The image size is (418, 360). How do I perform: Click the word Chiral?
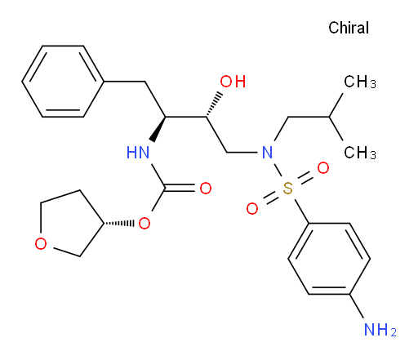tap(349, 28)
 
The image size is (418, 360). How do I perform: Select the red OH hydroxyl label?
tap(233, 82)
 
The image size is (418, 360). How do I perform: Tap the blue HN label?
tap(138, 152)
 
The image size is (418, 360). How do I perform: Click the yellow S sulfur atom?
tap(287, 189)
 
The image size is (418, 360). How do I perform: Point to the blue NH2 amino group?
tap(380, 330)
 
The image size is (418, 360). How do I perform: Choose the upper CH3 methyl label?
tap(360, 82)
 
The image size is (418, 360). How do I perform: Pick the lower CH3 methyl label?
tap(360, 153)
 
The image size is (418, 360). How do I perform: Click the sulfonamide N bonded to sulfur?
tap(267, 152)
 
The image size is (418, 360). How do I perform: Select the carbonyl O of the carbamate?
tap(206, 188)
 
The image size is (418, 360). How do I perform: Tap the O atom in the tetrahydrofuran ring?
tap(41, 243)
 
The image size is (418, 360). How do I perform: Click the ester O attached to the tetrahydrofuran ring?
tap(145, 224)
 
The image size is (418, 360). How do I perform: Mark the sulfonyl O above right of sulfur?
tap(323, 168)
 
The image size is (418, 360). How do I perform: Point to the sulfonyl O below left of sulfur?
tap(252, 209)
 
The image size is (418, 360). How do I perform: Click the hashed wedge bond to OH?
tap(214, 104)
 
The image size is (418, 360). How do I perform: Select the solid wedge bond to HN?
tap(158, 129)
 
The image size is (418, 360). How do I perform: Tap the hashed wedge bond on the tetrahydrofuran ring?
tap(119, 224)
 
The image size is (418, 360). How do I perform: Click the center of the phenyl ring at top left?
tap(63, 82)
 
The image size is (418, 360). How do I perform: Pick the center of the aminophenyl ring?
tap(329, 259)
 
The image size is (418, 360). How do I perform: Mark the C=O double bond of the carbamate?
tap(180, 188)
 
